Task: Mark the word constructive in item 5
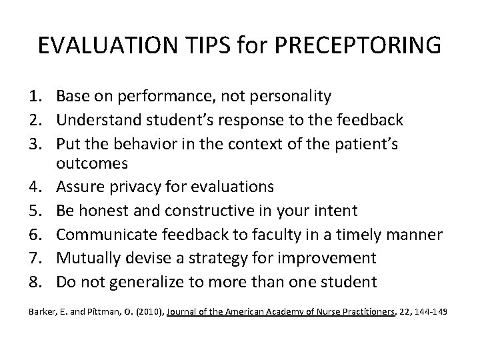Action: (208, 211)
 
